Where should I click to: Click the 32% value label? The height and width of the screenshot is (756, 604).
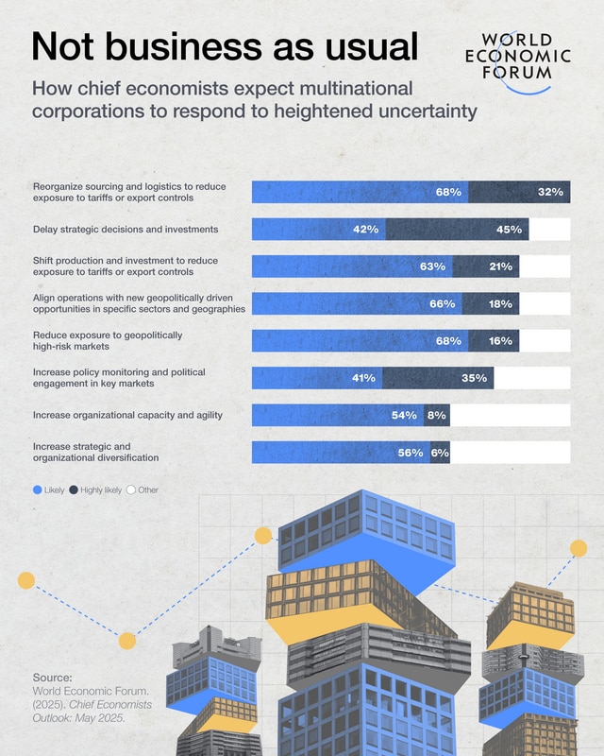(x=550, y=192)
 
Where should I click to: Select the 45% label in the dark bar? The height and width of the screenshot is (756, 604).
(x=510, y=229)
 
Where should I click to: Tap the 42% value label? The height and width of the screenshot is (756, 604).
(x=365, y=229)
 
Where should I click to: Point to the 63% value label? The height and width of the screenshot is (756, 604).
(x=432, y=266)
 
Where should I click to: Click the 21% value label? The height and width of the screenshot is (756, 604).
(x=500, y=266)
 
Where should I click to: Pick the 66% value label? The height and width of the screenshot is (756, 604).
(x=442, y=303)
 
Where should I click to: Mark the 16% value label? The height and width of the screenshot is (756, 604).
(x=500, y=340)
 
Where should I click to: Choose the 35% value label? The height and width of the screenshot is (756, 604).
(x=475, y=378)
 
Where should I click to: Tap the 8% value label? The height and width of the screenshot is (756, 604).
(x=437, y=415)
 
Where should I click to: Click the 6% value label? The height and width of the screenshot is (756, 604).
(x=440, y=453)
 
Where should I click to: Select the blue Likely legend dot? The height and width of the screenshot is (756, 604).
(x=37, y=490)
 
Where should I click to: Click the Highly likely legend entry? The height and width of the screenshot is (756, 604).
(x=98, y=490)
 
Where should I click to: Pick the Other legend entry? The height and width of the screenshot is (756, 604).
(x=143, y=490)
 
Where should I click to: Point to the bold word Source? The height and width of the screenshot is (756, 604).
(x=53, y=678)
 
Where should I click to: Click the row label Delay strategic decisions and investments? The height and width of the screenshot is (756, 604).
(x=126, y=229)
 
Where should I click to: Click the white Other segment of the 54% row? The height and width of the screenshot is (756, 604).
(x=510, y=415)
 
